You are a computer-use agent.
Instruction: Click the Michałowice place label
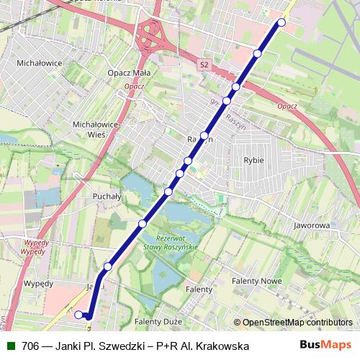pos(42,63)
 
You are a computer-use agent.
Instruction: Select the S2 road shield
pos(204,65)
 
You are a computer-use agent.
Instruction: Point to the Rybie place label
pos(253,161)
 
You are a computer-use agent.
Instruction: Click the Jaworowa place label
pos(311,225)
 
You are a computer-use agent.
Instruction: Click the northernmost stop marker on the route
pos(282,23)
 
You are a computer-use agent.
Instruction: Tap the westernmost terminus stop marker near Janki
pos(78,314)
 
